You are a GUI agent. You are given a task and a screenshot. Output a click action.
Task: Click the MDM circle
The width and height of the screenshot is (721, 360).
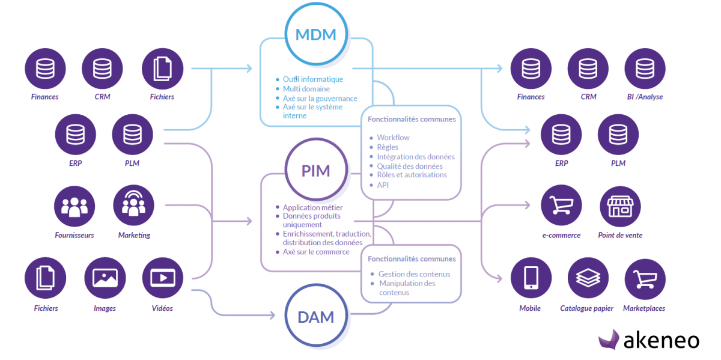point(316,34)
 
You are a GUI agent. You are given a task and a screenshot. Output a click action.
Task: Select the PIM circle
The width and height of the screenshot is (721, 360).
point(316,171)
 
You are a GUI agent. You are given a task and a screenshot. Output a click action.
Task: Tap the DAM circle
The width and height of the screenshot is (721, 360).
point(316,316)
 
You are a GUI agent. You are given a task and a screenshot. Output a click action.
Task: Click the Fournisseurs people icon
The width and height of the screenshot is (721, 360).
point(75,206)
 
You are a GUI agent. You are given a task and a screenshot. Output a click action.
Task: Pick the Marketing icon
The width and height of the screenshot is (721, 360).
point(133,206)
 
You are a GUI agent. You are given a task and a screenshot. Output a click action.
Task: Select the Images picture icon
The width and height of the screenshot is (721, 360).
point(105,278)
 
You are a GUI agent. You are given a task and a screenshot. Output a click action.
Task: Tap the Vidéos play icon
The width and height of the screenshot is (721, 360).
point(162,278)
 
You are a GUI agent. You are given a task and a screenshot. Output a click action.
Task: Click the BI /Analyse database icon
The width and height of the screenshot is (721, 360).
point(645,69)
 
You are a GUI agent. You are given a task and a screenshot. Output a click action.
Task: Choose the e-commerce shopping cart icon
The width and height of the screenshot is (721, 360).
point(561,206)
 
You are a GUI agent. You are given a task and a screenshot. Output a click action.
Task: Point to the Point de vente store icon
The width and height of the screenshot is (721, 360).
point(619,206)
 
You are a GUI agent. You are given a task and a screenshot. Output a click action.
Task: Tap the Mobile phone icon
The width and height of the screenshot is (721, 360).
point(531,278)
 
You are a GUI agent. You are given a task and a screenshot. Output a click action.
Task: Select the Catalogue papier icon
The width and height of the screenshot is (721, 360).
point(587,278)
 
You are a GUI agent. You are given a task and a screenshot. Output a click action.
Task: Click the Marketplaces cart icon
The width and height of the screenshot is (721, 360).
point(645,278)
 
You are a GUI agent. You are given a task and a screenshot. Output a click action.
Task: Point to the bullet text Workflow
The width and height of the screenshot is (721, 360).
point(393,138)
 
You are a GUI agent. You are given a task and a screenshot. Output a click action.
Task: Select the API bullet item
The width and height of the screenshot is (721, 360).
point(383,185)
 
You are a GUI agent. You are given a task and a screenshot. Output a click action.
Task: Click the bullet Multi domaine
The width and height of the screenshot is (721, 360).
point(306,89)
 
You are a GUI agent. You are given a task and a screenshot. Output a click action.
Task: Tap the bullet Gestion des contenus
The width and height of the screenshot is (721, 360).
point(414,274)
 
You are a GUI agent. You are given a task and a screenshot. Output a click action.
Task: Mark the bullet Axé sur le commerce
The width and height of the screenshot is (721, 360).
point(316,252)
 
